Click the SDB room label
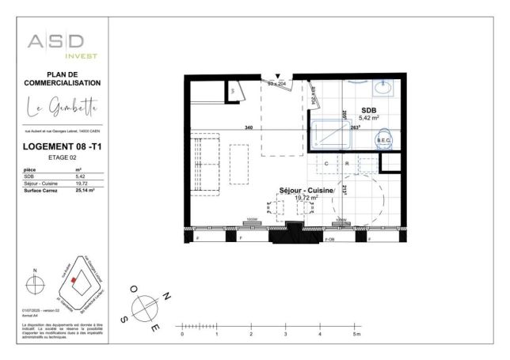click(367, 110)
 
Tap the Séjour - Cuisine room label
click(307, 191)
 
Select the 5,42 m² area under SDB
click(367, 118)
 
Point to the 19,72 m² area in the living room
click(307, 199)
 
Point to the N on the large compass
click(167, 294)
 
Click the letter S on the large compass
click(124, 320)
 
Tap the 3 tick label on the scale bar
click(285, 335)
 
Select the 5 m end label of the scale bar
click(356, 335)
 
